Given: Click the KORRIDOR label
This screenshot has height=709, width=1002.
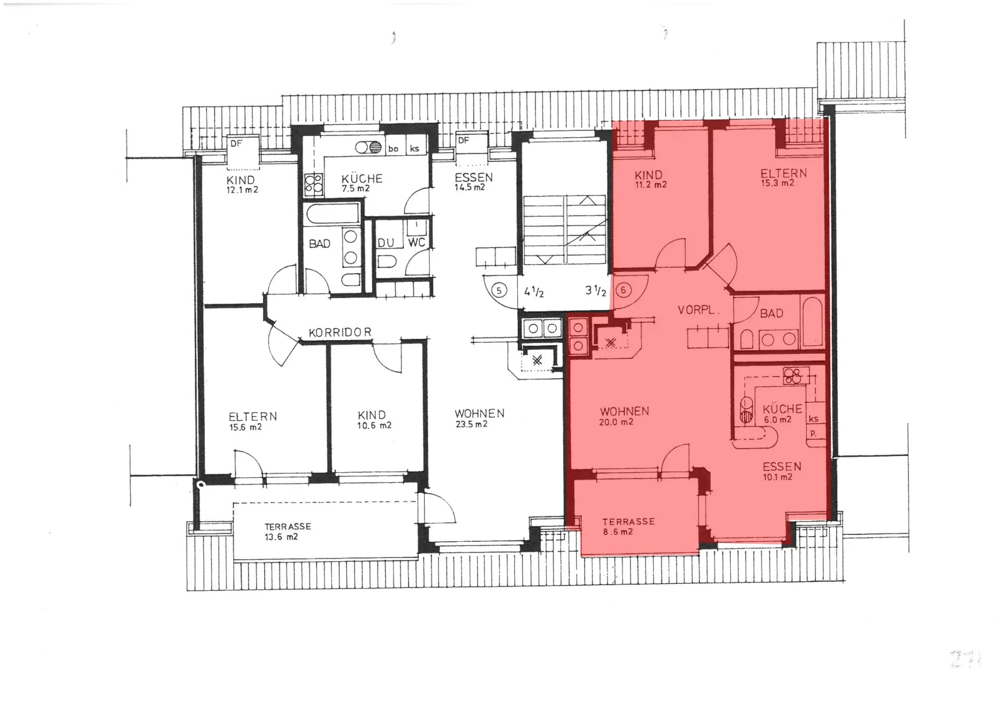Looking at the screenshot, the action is tap(340, 333).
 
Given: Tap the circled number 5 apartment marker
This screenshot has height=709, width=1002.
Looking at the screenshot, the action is tap(498, 291).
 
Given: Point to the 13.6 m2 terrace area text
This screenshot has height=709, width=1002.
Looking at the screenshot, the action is tap(281, 537).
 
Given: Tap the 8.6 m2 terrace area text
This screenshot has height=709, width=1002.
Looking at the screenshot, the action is tap(617, 532).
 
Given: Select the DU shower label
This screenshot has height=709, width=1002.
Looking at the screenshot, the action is tap(386, 243).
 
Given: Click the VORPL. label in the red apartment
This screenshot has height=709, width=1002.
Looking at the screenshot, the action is tap(698, 309).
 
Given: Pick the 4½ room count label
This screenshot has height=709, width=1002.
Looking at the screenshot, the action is tap(534, 292).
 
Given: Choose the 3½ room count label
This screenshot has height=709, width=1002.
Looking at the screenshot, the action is tap(596, 291).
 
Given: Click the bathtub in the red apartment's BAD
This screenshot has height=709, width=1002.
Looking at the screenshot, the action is tap(812, 322).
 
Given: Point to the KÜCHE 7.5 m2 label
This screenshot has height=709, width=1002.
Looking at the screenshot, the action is tap(362, 183).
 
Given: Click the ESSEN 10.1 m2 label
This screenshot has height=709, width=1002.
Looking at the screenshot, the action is tap(782, 471).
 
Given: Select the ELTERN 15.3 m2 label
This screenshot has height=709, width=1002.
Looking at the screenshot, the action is tap(783, 177).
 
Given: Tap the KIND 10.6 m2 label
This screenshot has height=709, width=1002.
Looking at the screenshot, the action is tap(373, 420).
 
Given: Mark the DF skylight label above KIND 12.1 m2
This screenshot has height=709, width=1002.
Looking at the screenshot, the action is tap(236, 143).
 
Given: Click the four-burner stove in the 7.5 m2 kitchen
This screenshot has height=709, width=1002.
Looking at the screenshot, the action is tap(314, 185).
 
